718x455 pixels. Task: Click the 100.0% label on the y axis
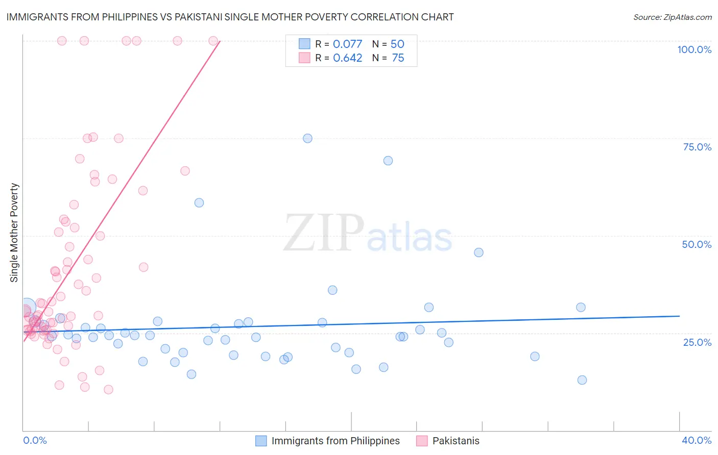point(694,49)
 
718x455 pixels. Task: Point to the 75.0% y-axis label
point(697,147)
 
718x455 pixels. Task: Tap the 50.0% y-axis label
point(697,244)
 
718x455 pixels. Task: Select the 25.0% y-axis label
point(697,342)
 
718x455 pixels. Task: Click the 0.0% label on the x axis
point(35,440)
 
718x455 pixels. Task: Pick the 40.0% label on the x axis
point(696,440)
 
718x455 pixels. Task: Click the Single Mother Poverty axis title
point(14,233)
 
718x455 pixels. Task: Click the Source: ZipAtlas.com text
point(672,17)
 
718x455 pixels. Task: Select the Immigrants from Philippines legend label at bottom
point(336,441)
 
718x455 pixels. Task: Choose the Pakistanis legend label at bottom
point(456,441)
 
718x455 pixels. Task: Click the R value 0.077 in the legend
point(347,44)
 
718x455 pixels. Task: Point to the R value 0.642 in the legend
point(347,58)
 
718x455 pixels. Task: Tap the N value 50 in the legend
point(397,44)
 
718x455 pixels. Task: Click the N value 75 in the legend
point(398,58)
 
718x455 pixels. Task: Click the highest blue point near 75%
point(307,138)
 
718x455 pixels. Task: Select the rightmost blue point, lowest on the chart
point(582,380)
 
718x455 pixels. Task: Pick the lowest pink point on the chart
point(108,390)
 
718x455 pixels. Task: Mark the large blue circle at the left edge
point(27,308)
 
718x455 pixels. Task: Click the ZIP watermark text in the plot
point(324,234)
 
